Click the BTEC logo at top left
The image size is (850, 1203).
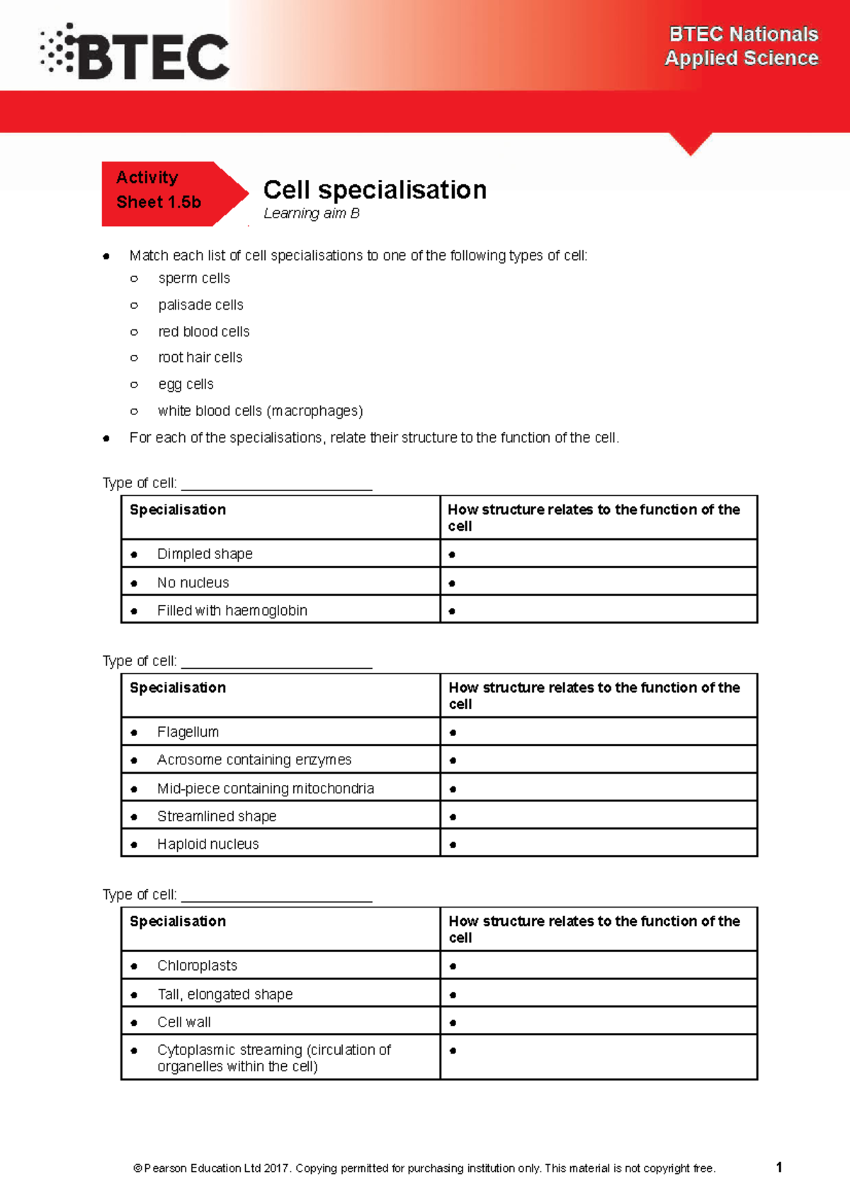[x=135, y=52]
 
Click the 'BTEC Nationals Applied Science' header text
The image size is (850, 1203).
[x=741, y=46]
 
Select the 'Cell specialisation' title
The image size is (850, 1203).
[x=375, y=190]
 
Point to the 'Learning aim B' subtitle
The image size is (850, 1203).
[x=312, y=213]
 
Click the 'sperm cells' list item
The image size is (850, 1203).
[x=194, y=278]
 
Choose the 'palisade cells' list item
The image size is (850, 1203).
[x=200, y=305]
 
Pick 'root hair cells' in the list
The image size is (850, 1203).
[x=200, y=358]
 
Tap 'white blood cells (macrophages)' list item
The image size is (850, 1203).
[x=260, y=411]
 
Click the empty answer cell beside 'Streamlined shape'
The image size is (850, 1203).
[x=599, y=816]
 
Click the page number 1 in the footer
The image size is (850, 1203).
[x=779, y=1167]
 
